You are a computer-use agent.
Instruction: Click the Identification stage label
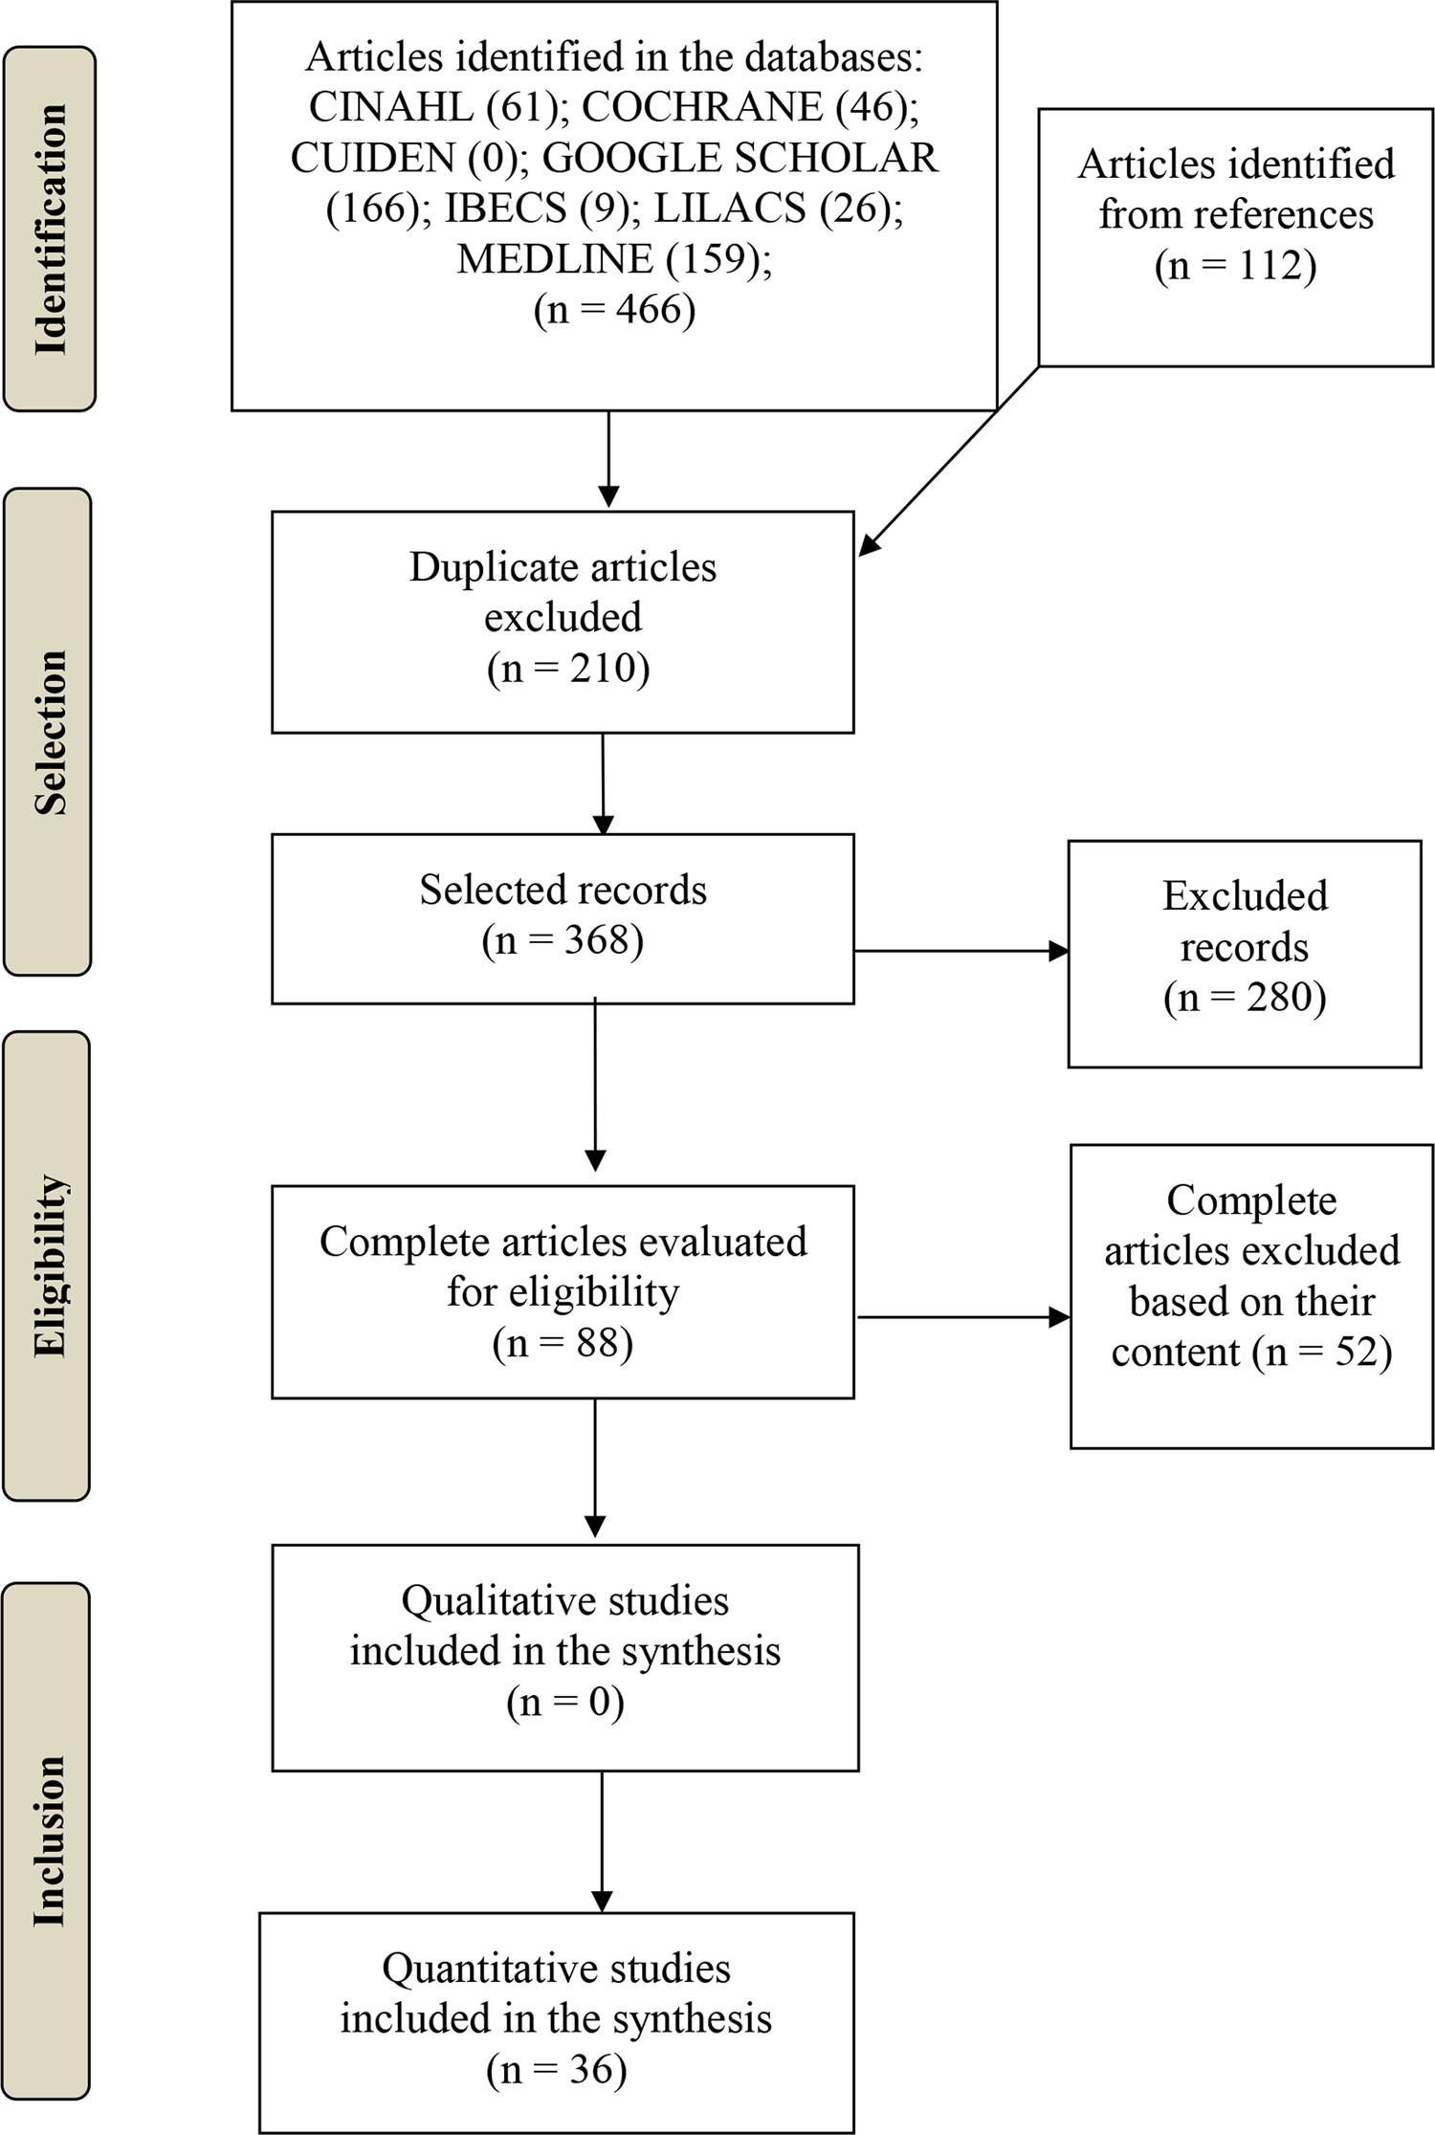49,230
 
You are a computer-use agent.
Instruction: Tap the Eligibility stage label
47,1266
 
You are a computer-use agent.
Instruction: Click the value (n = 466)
614,309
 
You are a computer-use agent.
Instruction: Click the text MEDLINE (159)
612,258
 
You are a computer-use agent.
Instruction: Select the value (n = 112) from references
1235,265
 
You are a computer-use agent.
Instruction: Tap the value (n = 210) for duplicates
568,667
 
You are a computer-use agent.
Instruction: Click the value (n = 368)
563,939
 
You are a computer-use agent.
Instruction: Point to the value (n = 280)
1245,997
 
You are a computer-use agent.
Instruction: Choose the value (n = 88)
563,1343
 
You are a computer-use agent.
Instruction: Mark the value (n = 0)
564,1702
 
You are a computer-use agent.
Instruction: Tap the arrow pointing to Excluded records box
960,951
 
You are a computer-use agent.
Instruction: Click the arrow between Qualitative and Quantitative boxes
602,1841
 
